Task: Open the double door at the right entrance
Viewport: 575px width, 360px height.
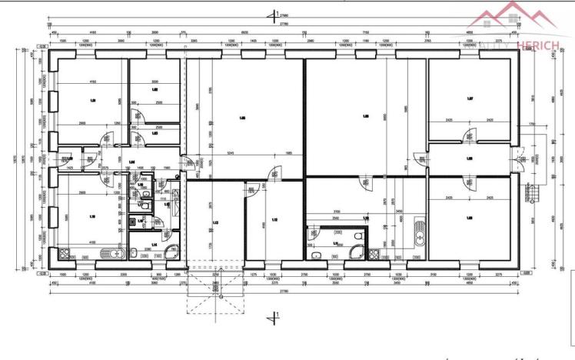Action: point(520,160)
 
